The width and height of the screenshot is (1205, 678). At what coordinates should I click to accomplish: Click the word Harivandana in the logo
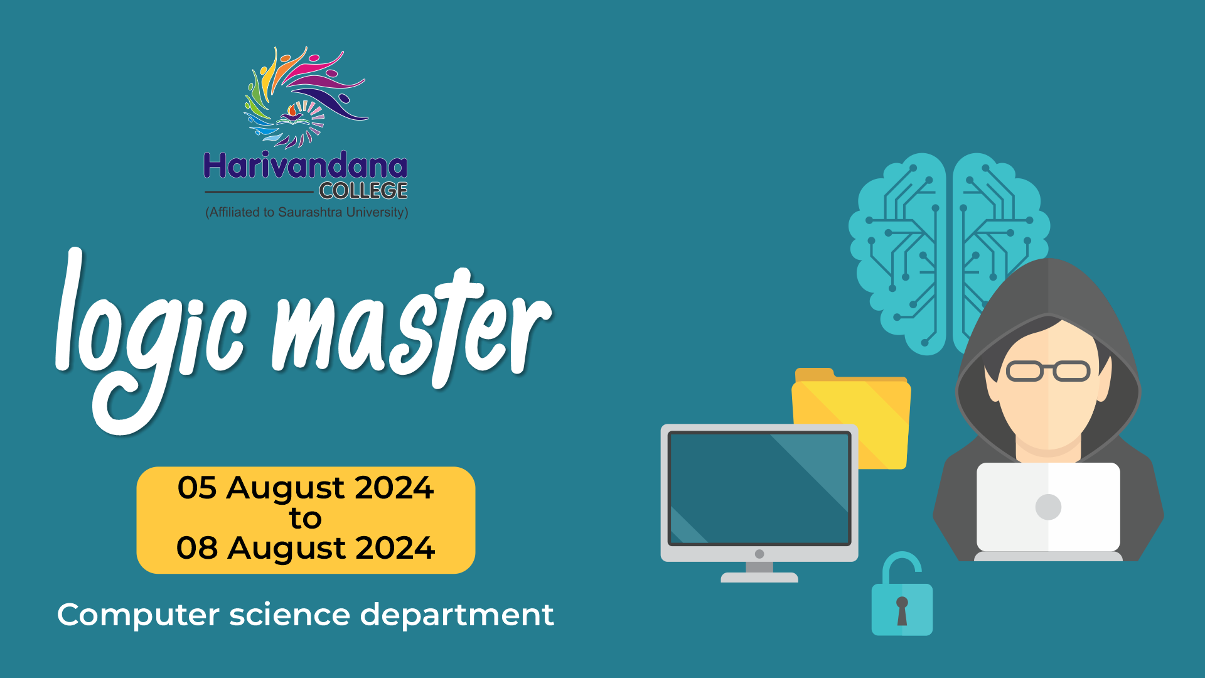[306, 166]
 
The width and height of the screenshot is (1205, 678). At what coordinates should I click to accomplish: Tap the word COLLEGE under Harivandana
[363, 191]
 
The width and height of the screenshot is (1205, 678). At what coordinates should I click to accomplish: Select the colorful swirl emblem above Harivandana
[306, 97]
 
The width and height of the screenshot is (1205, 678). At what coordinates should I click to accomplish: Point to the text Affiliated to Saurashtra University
[307, 212]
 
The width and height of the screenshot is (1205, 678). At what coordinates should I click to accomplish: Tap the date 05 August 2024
[306, 488]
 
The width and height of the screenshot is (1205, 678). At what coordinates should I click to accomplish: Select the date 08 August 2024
[306, 548]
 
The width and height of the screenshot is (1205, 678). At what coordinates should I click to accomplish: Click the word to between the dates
[306, 519]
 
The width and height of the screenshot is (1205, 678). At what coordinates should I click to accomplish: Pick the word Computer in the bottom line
[138, 615]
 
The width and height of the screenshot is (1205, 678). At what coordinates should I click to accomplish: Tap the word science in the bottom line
[290, 615]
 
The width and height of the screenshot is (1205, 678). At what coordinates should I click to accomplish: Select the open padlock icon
[902, 593]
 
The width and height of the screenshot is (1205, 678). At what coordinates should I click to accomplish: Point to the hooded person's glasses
[1048, 371]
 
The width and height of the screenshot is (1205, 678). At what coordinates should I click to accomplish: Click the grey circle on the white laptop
[1048, 507]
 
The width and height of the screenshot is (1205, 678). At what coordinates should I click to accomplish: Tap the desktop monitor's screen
[759, 488]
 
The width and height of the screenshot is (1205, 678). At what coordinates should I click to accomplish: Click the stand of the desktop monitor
[759, 572]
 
